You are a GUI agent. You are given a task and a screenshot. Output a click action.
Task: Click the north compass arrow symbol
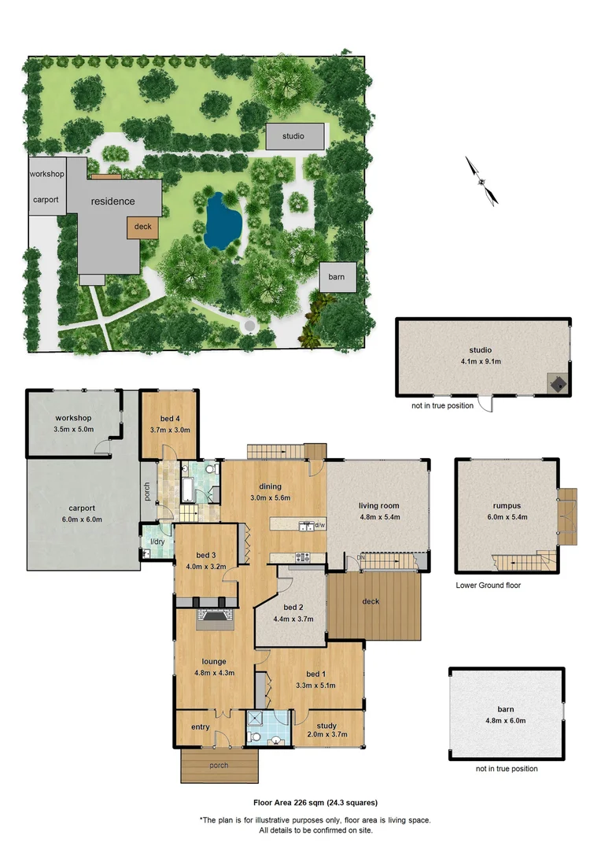point(481,181)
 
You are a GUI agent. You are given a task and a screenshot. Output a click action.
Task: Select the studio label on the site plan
point(293,136)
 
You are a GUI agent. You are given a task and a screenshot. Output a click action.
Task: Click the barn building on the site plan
point(337,277)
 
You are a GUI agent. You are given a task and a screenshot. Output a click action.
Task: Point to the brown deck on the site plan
point(142,227)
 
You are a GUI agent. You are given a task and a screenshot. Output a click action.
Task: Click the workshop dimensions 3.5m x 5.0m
point(74,430)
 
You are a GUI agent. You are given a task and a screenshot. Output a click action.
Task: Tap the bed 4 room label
point(168,418)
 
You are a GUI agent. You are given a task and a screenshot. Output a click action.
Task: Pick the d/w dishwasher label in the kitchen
point(319,525)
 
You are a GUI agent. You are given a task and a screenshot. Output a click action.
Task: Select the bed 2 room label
point(293,607)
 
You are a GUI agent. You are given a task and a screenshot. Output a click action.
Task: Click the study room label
point(326,725)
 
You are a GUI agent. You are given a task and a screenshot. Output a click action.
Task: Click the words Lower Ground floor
point(488,586)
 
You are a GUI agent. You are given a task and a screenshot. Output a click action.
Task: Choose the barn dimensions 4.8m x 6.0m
point(506,720)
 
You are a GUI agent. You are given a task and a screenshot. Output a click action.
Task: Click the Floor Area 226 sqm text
point(315,803)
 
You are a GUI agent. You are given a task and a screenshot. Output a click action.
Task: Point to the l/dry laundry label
point(157,541)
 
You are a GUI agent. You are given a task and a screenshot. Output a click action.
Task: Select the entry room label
point(201,726)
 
